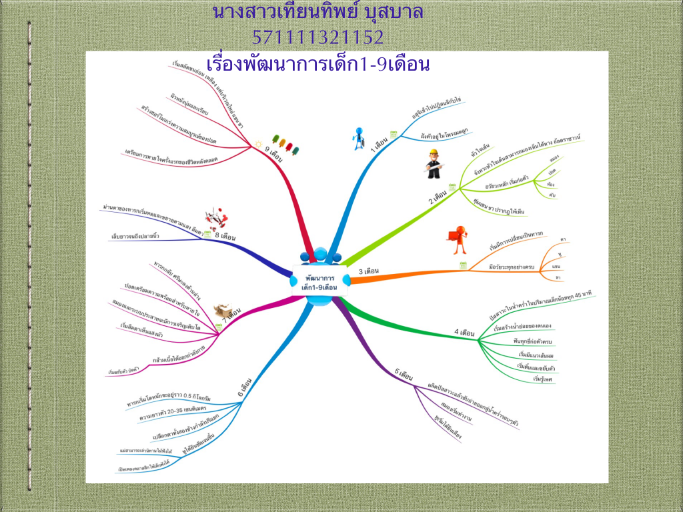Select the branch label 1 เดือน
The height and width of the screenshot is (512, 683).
[x=381, y=144]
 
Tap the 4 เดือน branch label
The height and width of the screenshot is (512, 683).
[x=464, y=331]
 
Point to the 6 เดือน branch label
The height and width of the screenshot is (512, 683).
[x=245, y=389]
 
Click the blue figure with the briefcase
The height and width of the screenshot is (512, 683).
[x=360, y=137]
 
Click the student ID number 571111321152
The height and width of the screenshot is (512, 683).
[x=317, y=37]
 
